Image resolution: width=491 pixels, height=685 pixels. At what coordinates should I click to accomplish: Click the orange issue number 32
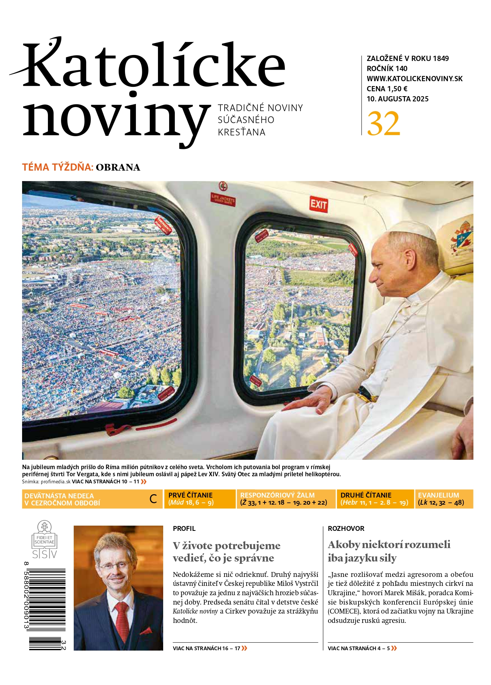point(383,124)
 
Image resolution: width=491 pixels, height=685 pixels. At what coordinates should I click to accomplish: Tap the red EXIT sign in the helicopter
point(318,204)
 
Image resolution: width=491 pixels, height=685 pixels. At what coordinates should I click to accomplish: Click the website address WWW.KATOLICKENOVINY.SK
point(414,79)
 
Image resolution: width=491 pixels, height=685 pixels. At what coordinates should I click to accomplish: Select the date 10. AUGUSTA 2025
point(397,99)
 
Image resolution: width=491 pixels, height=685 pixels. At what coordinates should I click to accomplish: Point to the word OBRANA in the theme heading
point(118,167)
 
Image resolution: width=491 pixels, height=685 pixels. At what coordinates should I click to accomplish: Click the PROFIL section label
point(184,529)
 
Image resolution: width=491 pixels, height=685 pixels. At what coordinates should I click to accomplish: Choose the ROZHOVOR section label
point(346,529)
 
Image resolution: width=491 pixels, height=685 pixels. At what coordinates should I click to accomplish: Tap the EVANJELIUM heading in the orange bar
point(438,495)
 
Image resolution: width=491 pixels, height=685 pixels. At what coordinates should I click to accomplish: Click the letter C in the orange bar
point(153,499)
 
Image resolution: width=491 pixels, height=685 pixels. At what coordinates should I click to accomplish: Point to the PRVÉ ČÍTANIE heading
point(190,495)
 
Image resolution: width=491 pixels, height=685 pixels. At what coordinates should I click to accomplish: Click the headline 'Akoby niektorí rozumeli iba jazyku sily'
point(389,551)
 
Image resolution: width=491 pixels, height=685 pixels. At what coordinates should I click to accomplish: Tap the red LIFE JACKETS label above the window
point(223,199)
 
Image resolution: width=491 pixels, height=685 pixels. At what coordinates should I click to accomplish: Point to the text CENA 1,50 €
point(387,89)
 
